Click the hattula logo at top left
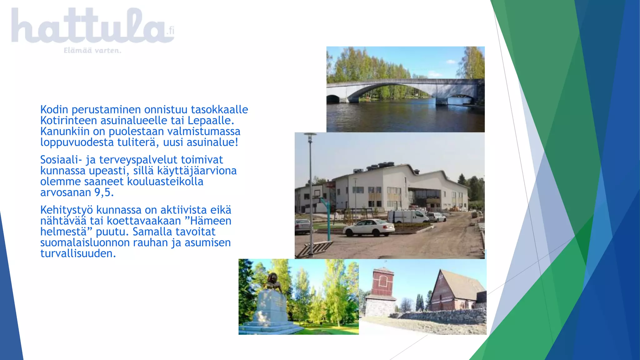point(92,27)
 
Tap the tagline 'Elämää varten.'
point(92,51)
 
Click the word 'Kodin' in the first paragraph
point(54,110)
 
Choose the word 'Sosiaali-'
point(61,160)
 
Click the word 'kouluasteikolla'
point(165,182)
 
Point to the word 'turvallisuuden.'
point(78,253)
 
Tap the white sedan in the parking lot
point(369,227)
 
